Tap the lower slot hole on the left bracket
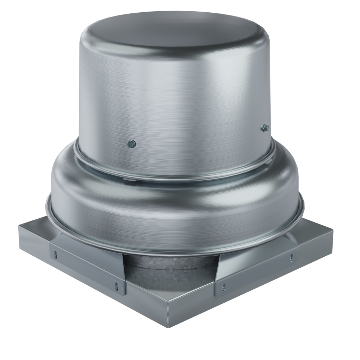(x=114, y=286)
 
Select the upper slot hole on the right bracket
(x=291, y=258)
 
